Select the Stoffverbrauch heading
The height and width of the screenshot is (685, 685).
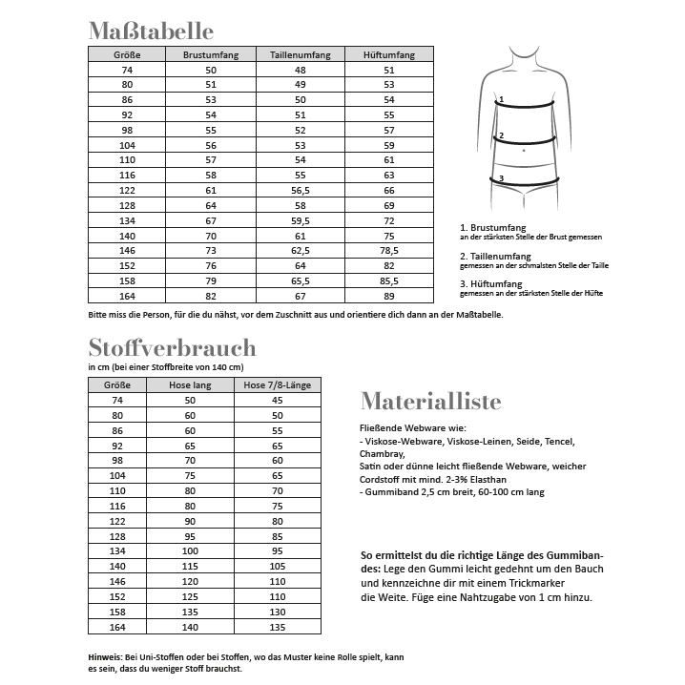172,347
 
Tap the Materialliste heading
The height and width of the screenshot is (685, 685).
430,401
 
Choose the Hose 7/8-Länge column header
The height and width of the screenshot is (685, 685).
278,384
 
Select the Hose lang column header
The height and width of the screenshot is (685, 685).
190,384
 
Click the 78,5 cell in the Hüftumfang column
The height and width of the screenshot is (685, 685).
389,250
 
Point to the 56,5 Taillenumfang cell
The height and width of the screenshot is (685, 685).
301,190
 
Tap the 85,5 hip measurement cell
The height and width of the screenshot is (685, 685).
389,280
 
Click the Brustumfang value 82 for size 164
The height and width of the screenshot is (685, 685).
211,296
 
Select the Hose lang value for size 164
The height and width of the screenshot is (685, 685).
190,627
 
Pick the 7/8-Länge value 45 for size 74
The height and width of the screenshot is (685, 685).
278,401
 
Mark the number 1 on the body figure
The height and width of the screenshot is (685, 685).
499,98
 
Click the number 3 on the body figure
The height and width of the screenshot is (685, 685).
501,178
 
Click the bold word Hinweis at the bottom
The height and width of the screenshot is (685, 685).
103,657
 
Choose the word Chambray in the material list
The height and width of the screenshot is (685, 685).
380,455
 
